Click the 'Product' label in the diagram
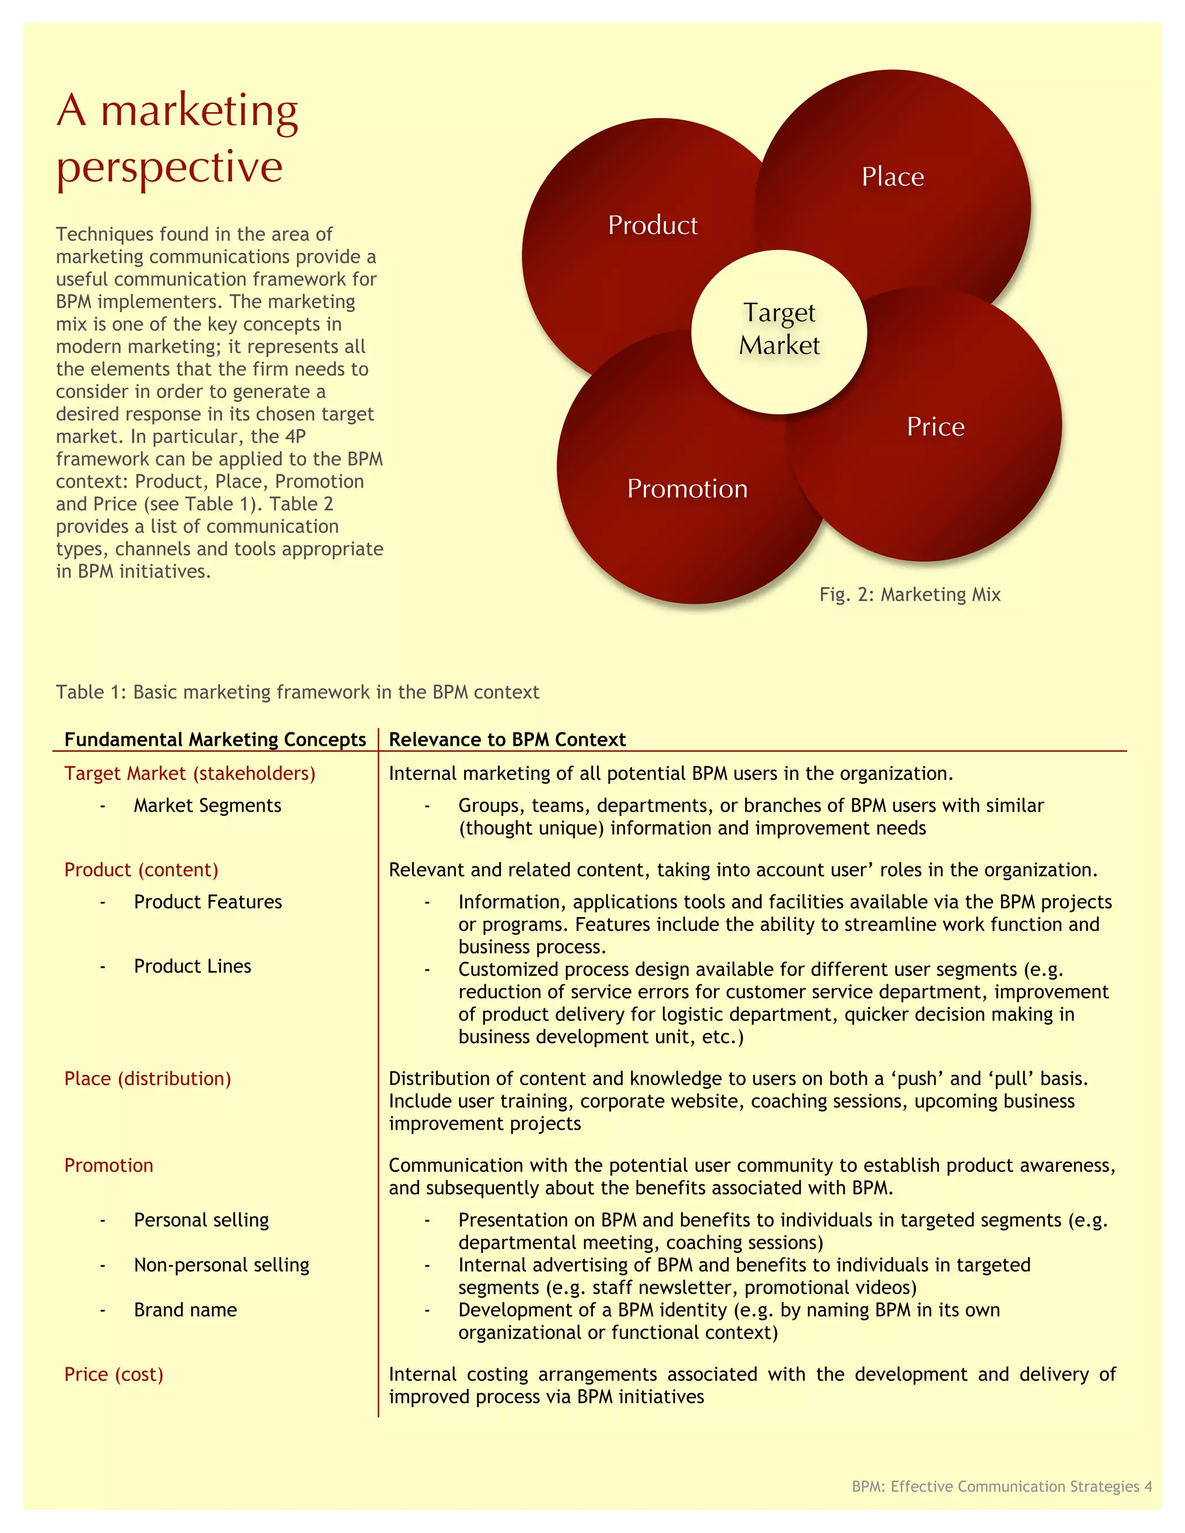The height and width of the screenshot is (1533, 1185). [652, 225]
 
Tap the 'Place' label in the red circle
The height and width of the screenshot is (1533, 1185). [892, 177]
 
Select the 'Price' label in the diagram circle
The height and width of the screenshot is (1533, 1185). [935, 427]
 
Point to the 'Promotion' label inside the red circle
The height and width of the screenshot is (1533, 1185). [687, 489]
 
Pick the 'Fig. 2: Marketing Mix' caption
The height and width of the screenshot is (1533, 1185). [909, 595]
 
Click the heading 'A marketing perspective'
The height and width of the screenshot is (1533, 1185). [178, 138]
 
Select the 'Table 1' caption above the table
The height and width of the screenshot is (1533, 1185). [297, 692]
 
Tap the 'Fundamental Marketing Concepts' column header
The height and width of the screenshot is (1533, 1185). [215, 739]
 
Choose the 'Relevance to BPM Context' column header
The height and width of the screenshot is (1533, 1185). [507, 739]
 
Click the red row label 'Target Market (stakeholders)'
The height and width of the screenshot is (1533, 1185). [190, 773]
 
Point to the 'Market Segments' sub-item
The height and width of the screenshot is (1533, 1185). [207, 805]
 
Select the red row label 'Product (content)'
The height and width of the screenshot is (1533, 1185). [141, 869]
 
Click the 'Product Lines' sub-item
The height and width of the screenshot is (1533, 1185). [192, 966]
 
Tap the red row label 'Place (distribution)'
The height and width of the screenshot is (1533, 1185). [148, 1078]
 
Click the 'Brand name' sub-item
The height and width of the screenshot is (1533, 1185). [185, 1310]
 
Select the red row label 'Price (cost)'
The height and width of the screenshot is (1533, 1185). [114, 1374]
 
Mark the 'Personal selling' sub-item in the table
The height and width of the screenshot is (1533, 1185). [201, 1220]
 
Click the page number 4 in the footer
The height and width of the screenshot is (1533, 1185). [1148, 1486]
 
